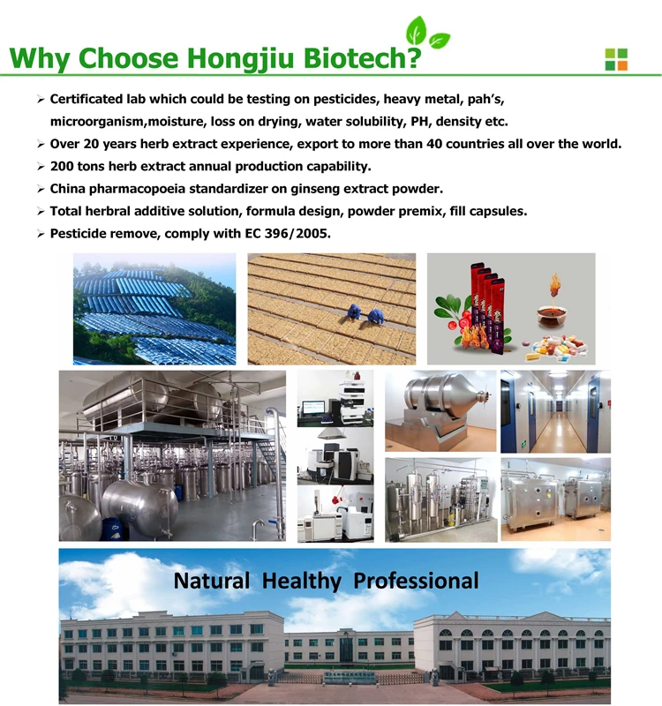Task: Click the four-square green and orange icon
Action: [x=615, y=58]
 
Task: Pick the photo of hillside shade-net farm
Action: [x=154, y=309]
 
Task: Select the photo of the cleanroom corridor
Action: [x=555, y=411]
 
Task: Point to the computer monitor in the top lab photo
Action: [x=313, y=408]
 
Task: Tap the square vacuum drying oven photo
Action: [x=555, y=499]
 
